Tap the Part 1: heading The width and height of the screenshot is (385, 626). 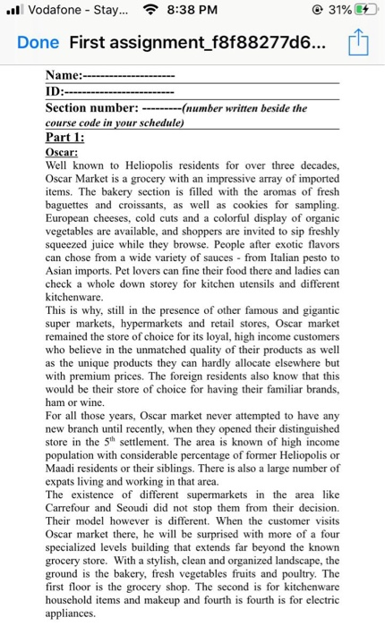[x=66, y=138]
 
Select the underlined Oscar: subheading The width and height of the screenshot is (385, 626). [x=62, y=153]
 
